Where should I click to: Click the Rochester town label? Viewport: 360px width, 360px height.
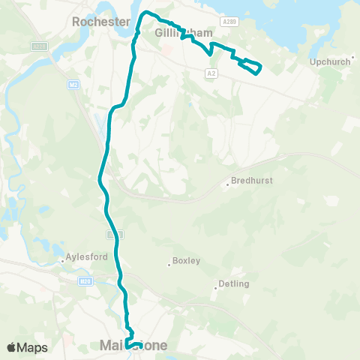[x=101, y=22]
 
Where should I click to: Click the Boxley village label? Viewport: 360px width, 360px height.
[x=186, y=261]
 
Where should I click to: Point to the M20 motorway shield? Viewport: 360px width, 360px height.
[x=85, y=281]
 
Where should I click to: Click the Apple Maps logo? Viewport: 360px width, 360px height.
[x=27, y=347]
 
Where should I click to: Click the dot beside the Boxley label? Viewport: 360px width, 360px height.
[x=168, y=264]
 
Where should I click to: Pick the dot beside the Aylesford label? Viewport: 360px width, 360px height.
[x=62, y=261]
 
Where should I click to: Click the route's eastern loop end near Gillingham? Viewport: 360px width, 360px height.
[x=259, y=70]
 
